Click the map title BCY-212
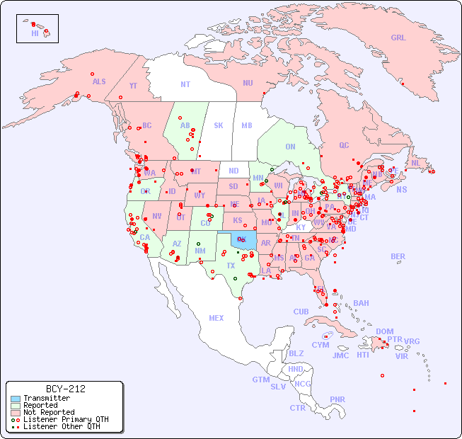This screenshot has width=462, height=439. coord(65,389)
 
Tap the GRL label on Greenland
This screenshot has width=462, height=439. coord(398,38)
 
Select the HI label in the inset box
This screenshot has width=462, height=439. coord(35,33)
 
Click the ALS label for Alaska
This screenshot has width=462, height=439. coord(99,81)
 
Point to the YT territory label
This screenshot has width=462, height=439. coord(133,86)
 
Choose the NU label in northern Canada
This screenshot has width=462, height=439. coord(248,83)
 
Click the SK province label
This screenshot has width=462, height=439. coord(219,125)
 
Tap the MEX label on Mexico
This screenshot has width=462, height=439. coord(216,318)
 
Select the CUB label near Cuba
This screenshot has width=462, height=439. coord(301,312)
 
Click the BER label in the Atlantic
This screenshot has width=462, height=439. coord(398,256)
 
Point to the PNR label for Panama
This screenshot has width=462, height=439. coord(337,399)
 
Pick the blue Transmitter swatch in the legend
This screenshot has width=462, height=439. coord(16,399)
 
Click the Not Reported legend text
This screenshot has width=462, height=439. coord(49,412)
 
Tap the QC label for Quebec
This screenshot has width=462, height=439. coord(344,145)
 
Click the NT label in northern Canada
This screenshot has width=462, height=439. coord(185,84)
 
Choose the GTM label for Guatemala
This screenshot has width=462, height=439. coord(260,380)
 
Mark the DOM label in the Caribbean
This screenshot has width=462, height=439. coord(384,331)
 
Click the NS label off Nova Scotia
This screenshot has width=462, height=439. coord(401,189)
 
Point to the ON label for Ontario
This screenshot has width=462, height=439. coord(290,147)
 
